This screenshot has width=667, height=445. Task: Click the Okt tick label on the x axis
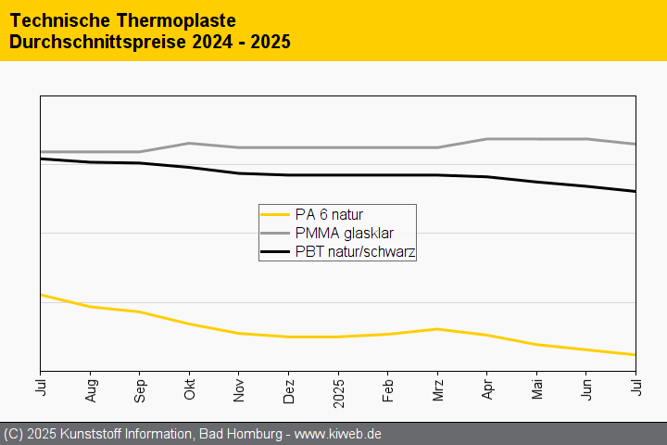click(x=189, y=388)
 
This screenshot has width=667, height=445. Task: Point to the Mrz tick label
click(x=437, y=388)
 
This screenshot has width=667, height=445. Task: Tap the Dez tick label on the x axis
click(x=288, y=388)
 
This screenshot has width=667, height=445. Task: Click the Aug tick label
click(x=90, y=388)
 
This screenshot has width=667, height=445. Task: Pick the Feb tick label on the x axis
click(x=387, y=388)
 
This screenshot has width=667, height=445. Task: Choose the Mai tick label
click(x=536, y=388)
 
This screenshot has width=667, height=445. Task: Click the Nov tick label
click(x=239, y=388)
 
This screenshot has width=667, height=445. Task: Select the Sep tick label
click(x=140, y=388)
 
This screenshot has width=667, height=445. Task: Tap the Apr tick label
click(x=487, y=388)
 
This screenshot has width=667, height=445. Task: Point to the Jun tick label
click(x=586, y=388)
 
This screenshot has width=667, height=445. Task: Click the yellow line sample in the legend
click(x=276, y=214)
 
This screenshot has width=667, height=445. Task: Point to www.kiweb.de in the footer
click(x=338, y=434)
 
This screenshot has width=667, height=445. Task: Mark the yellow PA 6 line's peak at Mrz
click(x=437, y=328)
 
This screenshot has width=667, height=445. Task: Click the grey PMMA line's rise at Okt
click(x=189, y=143)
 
